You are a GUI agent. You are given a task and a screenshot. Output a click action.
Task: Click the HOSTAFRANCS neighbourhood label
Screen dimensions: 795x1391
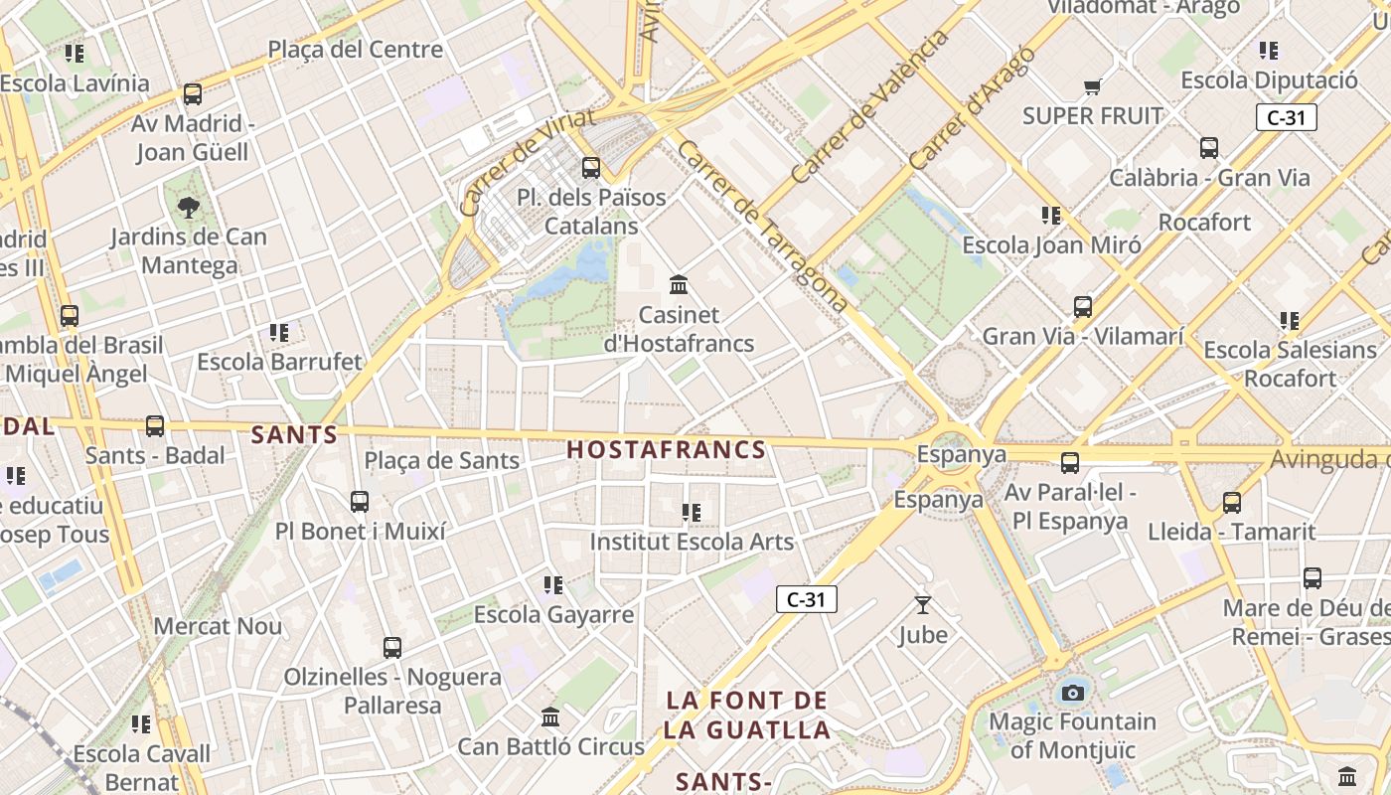(x=666, y=449)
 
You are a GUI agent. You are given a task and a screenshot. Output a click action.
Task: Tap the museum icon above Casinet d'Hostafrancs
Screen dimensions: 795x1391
(x=680, y=285)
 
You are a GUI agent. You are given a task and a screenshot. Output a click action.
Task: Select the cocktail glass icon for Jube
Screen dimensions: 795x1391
(x=923, y=604)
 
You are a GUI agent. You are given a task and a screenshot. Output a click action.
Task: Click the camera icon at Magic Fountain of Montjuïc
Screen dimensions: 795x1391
(x=1073, y=693)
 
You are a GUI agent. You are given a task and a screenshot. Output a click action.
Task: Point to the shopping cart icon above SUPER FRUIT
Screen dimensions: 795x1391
(x=1093, y=86)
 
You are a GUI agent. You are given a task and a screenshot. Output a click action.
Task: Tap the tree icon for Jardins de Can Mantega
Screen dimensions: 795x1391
(x=188, y=207)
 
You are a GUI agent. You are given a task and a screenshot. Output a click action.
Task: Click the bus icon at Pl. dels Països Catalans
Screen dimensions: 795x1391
(x=591, y=167)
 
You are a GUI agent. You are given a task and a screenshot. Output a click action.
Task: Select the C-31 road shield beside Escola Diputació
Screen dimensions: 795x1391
(x=1286, y=117)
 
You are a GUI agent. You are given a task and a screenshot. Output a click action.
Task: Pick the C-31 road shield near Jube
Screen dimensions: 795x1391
(x=806, y=599)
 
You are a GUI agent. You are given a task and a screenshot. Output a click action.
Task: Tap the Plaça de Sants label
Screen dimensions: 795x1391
(x=441, y=460)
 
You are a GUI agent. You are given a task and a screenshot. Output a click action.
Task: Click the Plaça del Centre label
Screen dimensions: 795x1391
(x=355, y=49)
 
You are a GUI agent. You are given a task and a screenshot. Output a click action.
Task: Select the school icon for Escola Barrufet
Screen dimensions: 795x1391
(x=279, y=332)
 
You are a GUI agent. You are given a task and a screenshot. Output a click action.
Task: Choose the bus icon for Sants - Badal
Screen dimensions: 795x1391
(x=155, y=426)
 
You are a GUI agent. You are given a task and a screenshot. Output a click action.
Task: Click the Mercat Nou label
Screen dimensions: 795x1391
(x=218, y=626)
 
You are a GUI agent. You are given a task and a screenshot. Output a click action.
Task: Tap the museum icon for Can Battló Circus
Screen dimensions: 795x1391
(x=550, y=716)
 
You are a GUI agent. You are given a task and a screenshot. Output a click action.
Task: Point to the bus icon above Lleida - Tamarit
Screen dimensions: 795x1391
(x=1232, y=502)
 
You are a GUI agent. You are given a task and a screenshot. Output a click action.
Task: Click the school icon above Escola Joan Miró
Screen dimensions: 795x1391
(x=1051, y=215)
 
